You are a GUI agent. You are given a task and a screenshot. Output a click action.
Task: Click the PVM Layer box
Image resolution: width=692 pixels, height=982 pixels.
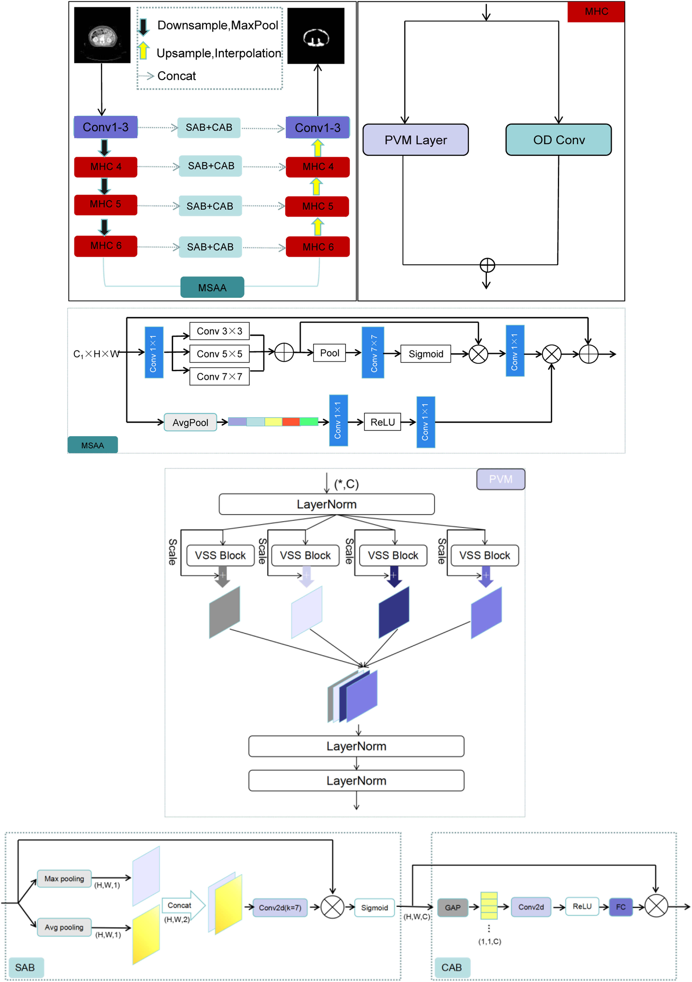(x=416, y=140)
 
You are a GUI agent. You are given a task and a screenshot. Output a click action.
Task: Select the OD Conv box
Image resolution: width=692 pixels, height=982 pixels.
(x=558, y=140)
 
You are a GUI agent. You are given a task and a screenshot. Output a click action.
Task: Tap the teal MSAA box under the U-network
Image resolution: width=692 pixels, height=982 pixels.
(x=212, y=287)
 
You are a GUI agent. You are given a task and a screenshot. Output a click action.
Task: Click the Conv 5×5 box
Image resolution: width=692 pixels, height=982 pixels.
(x=220, y=354)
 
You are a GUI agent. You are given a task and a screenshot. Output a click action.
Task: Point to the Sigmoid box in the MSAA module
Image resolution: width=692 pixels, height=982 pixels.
(x=426, y=354)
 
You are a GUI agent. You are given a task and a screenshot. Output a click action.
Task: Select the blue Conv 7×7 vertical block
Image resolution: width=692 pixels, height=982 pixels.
(x=373, y=352)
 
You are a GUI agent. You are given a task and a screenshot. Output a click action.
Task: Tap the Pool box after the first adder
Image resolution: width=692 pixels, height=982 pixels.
(x=330, y=353)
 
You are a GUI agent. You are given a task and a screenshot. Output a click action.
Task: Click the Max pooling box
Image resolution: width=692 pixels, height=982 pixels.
(x=64, y=878)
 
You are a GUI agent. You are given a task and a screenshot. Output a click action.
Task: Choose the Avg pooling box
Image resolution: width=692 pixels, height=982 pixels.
(x=64, y=927)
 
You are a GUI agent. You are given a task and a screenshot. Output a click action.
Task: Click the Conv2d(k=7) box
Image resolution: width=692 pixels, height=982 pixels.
(x=280, y=907)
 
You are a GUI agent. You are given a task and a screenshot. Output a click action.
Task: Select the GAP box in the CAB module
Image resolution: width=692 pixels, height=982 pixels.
(x=453, y=907)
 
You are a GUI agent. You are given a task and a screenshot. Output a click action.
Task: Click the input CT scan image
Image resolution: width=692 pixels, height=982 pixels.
(x=102, y=35)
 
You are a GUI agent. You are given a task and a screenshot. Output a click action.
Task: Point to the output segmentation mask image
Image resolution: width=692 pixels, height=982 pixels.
(x=316, y=36)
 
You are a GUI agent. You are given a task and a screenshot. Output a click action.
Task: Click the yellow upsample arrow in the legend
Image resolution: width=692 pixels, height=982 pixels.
(x=144, y=50)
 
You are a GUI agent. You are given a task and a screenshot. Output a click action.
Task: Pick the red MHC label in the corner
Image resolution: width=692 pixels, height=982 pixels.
(x=596, y=12)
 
